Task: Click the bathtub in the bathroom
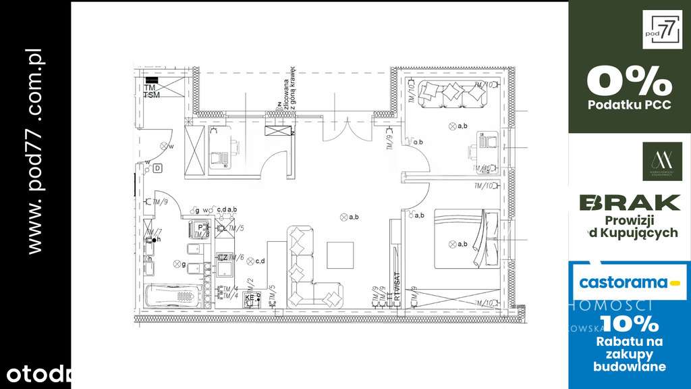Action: (173, 295)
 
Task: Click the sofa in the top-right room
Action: (452, 93)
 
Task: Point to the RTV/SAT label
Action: (397, 287)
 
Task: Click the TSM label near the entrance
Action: (152, 95)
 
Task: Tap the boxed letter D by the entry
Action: (157, 168)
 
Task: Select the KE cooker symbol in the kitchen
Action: (250, 297)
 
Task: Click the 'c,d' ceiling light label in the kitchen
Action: (259, 261)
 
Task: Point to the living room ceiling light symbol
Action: (343, 217)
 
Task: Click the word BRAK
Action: (630, 203)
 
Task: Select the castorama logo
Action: (629, 283)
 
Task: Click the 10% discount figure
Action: (629, 323)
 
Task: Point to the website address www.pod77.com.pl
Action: (36, 152)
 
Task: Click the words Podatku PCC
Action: (629, 105)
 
